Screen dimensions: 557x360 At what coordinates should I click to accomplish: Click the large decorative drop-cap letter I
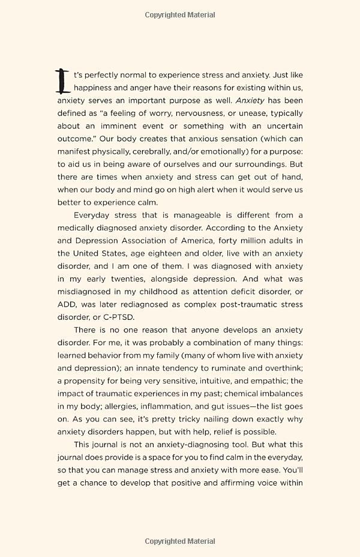[x=62, y=81]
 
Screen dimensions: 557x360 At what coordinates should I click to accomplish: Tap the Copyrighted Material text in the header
[x=180, y=15]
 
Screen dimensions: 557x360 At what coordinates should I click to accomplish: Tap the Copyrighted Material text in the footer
[x=180, y=541]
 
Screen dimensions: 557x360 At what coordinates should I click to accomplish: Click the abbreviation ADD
[x=67, y=304]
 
